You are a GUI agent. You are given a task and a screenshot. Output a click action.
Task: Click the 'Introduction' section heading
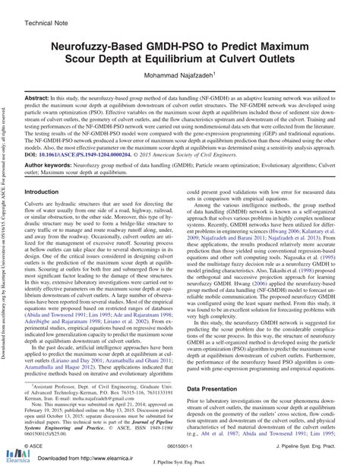click(47, 192)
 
